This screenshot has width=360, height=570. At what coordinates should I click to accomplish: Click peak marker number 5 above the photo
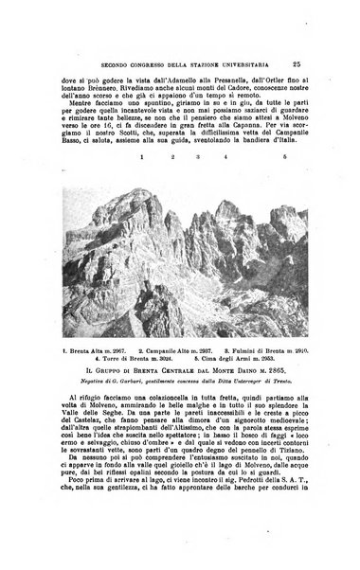284,178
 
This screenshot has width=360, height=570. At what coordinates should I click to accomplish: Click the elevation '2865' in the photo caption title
286,373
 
